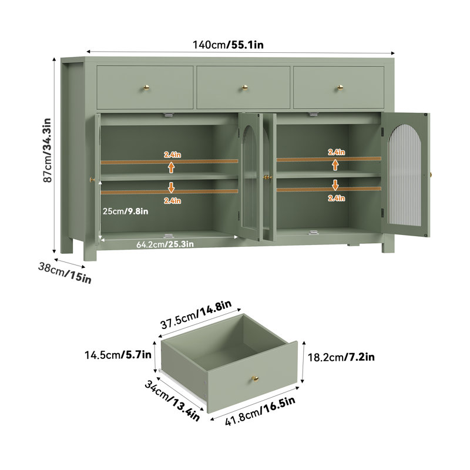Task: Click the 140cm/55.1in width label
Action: (228, 45)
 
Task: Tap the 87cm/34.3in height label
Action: (48, 150)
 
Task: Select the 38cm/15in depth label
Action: (65, 273)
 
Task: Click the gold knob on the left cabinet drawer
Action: (146, 87)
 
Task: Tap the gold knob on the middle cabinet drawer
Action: (245, 87)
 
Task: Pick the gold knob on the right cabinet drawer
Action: (340, 87)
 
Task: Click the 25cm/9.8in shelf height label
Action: (125, 211)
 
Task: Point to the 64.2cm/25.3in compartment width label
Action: (165, 244)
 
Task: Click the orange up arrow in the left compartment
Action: (171, 167)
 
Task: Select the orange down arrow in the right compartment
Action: (335, 185)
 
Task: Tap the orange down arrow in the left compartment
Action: (171, 187)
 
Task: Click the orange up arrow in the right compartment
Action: (335, 165)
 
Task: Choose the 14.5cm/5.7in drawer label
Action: (118, 355)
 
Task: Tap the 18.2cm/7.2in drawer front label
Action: (341, 357)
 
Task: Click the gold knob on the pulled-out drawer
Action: (255, 379)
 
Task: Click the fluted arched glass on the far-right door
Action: (405, 174)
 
